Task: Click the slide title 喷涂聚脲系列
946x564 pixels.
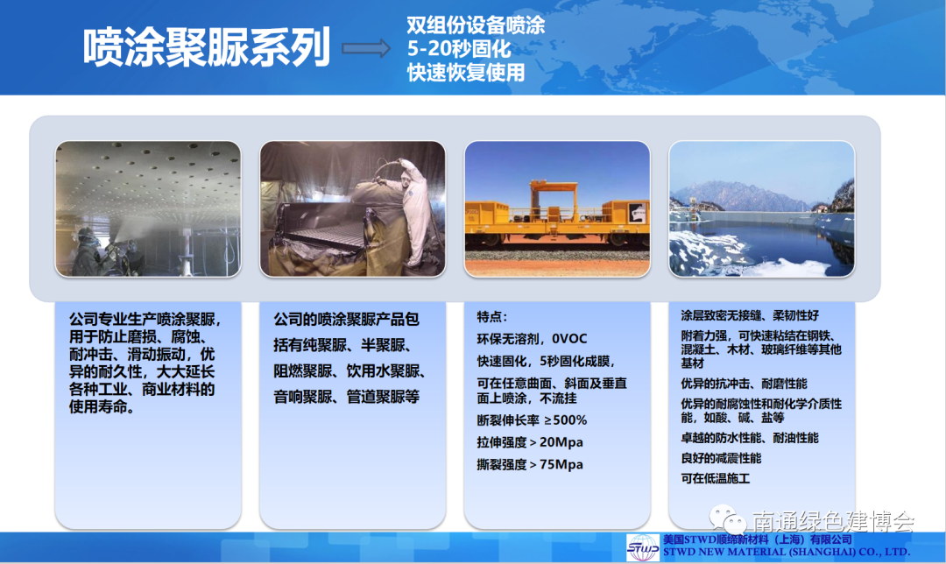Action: coord(207,47)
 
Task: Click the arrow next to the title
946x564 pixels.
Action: coord(366,48)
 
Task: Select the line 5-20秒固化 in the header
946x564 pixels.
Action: coord(458,49)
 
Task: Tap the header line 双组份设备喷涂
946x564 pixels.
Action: coord(476,25)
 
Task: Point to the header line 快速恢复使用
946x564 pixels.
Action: coord(466,73)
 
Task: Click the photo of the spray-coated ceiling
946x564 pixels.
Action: coord(148,209)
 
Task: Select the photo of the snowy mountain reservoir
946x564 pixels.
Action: coord(761,209)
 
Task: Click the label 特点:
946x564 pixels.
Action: coord(492,317)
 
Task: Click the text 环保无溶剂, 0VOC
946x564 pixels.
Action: coord(532,339)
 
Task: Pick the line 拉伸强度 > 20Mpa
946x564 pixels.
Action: coord(530,442)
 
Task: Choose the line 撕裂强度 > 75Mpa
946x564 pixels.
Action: coord(530,464)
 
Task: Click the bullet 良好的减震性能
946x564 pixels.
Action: coord(721,458)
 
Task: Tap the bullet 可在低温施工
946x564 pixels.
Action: coord(715,479)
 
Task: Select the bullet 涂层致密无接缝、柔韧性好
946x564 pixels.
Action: coord(750,315)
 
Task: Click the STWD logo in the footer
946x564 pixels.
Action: coord(643,547)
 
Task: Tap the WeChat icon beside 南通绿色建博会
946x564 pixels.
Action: coord(728,519)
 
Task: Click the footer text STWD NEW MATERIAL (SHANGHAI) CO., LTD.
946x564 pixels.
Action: coord(787,552)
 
